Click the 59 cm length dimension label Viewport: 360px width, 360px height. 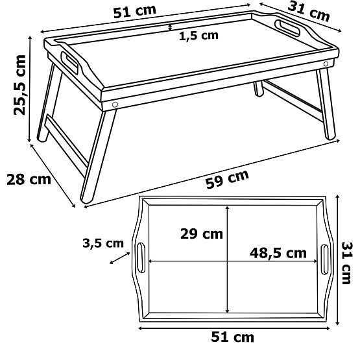coord(227,180)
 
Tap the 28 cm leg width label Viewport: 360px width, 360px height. coord(29,180)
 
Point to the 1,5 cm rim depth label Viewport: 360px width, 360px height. coord(199,36)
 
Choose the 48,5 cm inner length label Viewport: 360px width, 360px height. coord(278,253)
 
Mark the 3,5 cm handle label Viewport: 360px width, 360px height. coord(103,243)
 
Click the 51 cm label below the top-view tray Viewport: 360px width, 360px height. coord(232,337)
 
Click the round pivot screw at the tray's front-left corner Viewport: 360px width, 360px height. coord(115,104)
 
